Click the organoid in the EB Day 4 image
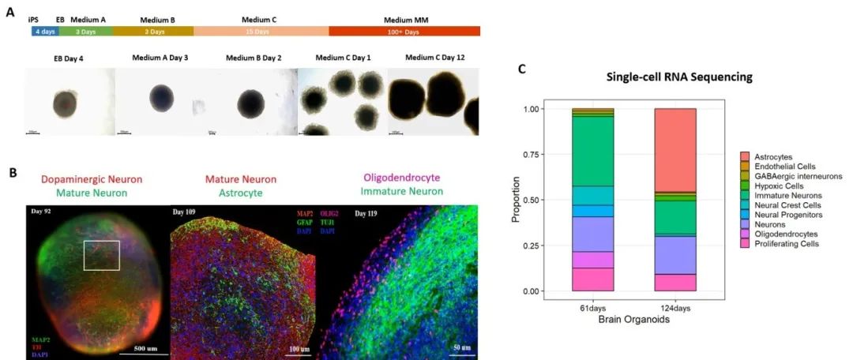tap(66, 103)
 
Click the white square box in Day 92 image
tap(102, 256)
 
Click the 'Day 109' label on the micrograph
tap(188, 212)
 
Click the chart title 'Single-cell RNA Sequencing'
tap(679, 77)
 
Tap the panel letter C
tap(521, 69)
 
